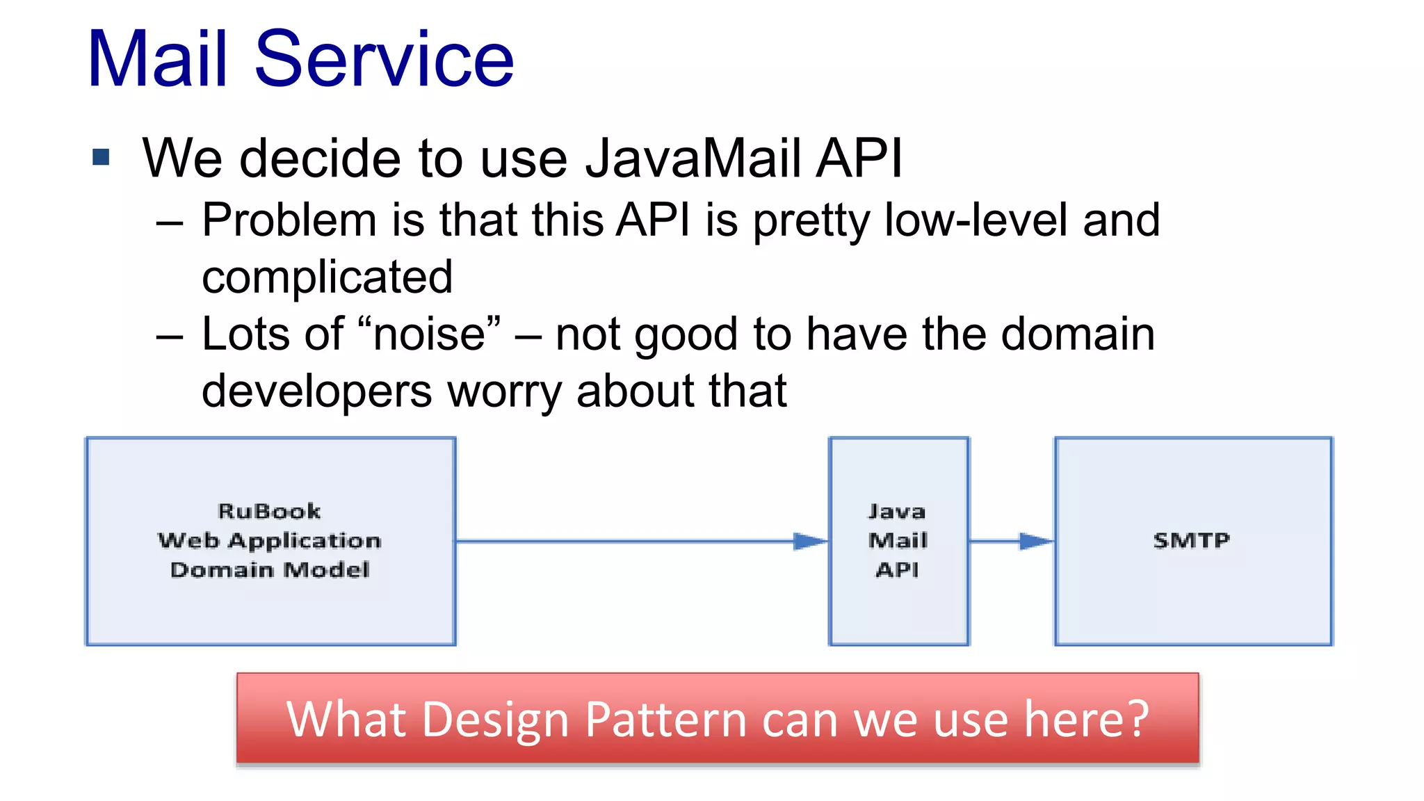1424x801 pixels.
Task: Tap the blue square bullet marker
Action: [x=101, y=157]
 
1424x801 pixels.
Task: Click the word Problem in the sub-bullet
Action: [x=289, y=221]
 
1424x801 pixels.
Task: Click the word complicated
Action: [x=327, y=277]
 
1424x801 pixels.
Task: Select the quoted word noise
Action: [x=429, y=334]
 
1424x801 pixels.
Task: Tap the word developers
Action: [x=316, y=391]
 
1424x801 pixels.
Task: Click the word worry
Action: [x=504, y=391]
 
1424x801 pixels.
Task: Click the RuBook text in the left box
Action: [x=269, y=512]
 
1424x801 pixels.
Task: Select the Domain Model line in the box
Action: [x=270, y=570]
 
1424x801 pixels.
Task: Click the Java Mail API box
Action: [x=898, y=541]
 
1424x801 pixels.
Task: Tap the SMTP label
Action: [x=1192, y=540]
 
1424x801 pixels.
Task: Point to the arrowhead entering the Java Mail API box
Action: [x=810, y=541]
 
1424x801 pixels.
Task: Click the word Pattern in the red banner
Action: [x=665, y=720]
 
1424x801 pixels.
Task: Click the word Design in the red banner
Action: [x=495, y=720]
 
